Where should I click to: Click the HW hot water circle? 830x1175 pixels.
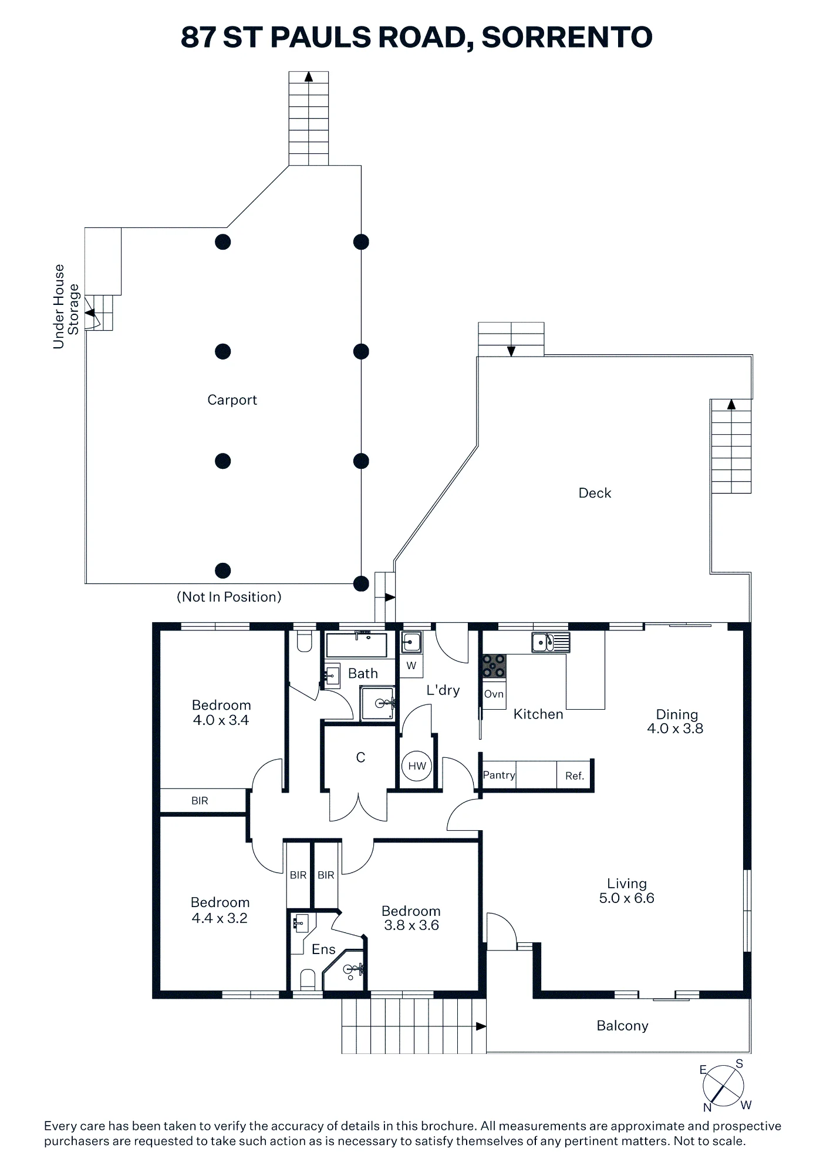417,766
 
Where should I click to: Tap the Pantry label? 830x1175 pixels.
499,775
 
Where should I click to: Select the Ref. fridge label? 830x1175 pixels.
575,776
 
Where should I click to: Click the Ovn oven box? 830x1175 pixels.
494,693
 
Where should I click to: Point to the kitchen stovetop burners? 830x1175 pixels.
494,666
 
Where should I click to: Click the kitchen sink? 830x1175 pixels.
551,642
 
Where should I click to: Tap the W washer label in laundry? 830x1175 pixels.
411,666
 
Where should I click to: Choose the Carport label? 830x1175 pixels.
232,399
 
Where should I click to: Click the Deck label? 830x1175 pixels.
595,493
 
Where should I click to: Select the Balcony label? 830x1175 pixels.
622,1026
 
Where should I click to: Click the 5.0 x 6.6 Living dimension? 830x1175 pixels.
626,898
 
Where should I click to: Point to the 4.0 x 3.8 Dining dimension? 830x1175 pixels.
675,728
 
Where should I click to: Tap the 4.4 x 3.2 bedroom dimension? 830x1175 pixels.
220,918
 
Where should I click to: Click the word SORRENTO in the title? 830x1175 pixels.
566,37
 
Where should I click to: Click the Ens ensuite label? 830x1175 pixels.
323,949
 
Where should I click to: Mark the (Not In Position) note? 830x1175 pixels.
229,597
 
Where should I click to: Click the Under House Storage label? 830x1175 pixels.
66,307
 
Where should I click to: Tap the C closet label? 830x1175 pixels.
360,758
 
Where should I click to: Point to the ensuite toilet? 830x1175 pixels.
308,979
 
